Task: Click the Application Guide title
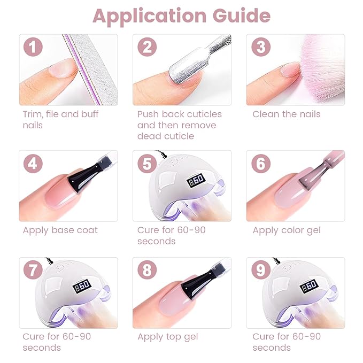click(x=181, y=16)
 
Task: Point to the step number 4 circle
click(x=33, y=163)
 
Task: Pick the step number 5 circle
click(x=146, y=163)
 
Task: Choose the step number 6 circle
click(x=260, y=163)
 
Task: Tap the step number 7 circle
click(x=33, y=270)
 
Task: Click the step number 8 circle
click(x=146, y=270)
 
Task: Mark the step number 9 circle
click(x=260, y=270)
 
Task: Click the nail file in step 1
click(x=86, y=64)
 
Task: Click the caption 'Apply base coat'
click(x=60, y=230)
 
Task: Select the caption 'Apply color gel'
click(x=287, y=230)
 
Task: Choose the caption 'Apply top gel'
click(x=167, y=336)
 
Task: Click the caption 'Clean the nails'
click(x=286, y=114)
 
